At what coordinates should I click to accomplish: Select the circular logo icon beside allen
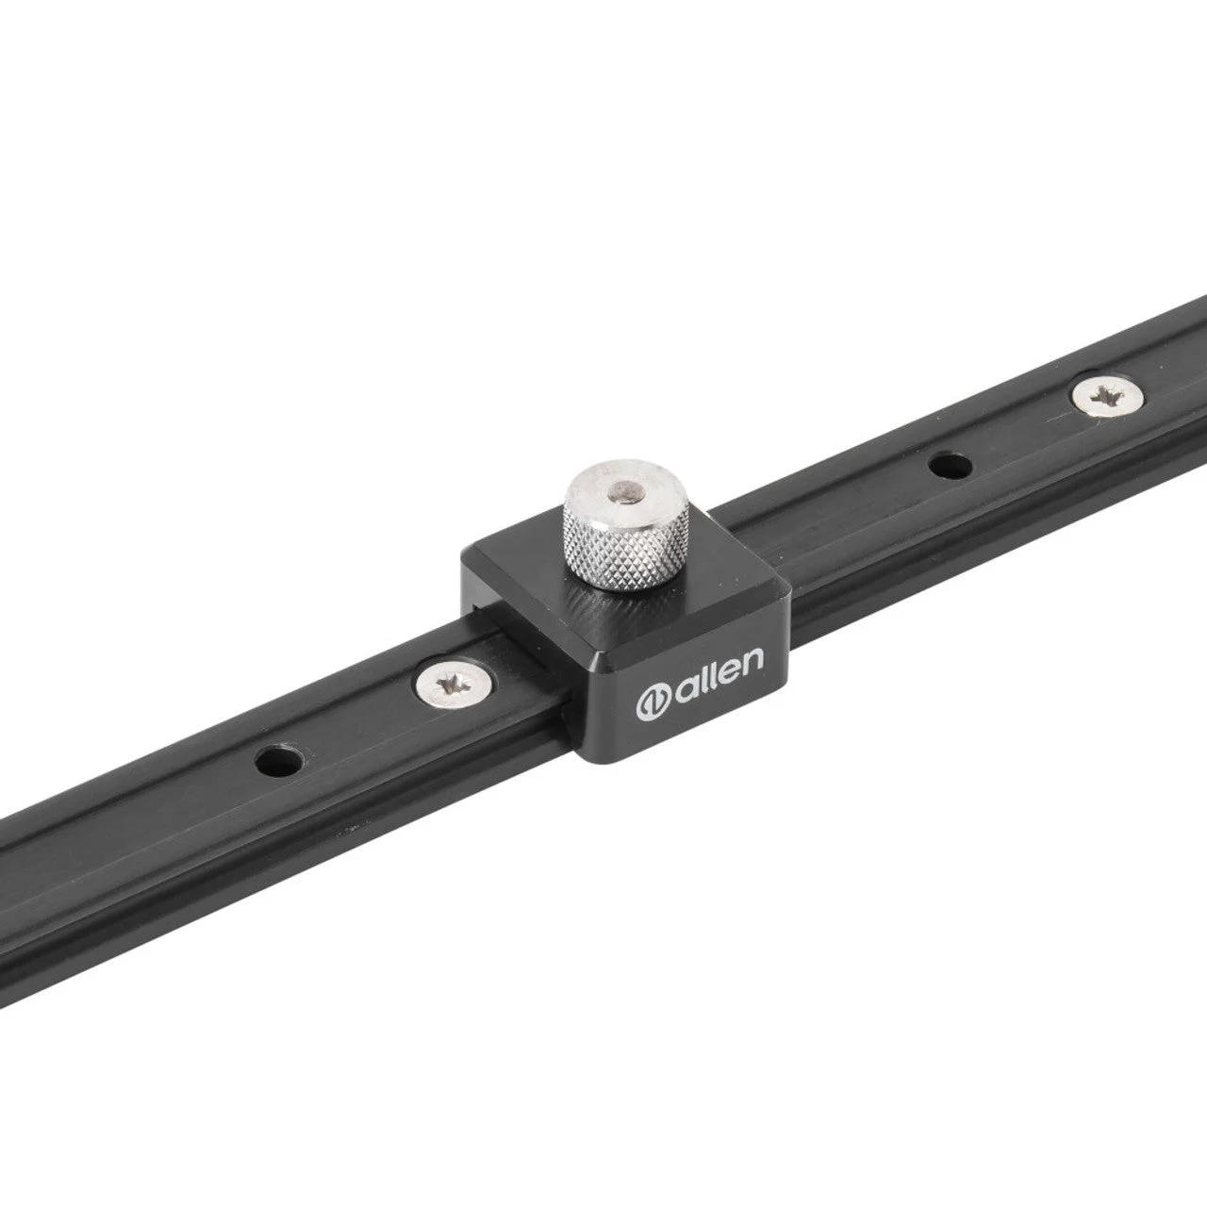click(653, 704)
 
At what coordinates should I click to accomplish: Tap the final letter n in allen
click(753, 659)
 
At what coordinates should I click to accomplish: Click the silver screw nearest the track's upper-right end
click(1107, 398)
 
